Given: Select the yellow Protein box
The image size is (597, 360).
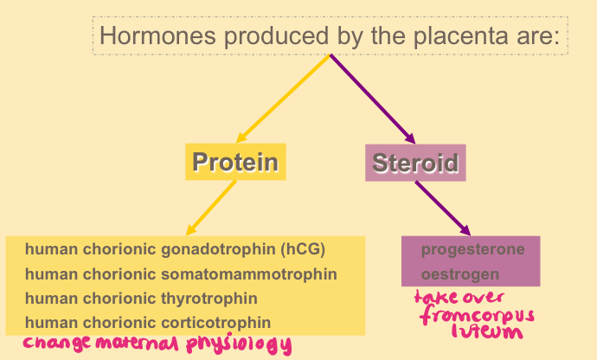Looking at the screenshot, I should coord(235,162).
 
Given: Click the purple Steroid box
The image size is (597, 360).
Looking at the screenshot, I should coord(415,163).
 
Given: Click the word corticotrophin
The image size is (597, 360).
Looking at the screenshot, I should coord(221,323).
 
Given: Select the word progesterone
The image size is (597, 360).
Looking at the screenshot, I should coord(472,250).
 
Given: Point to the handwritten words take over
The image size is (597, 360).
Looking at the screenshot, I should coord(459,298).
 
